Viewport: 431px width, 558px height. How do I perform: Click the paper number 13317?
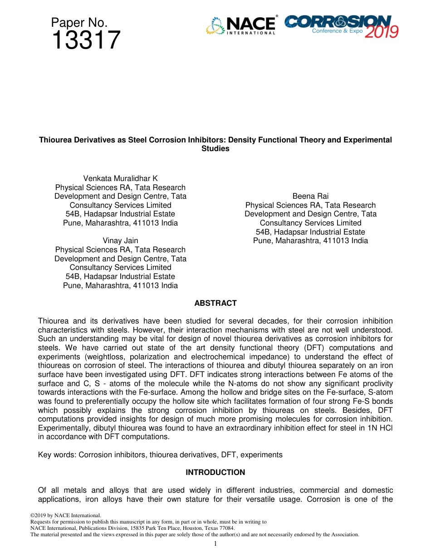coord(86,40)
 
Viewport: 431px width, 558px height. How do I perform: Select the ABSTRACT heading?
coord(215,303)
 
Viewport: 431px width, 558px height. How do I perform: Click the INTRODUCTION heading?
coord(215,472)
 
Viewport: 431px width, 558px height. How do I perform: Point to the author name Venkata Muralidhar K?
coord(120,178)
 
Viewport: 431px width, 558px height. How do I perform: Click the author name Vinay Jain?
coord(120,240)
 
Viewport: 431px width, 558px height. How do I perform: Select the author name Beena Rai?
coord(310,196)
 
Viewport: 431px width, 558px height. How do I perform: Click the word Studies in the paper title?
coord(215,149)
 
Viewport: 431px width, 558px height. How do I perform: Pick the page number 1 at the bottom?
coord(215,543)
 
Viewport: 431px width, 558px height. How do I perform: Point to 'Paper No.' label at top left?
coord(79,22)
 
